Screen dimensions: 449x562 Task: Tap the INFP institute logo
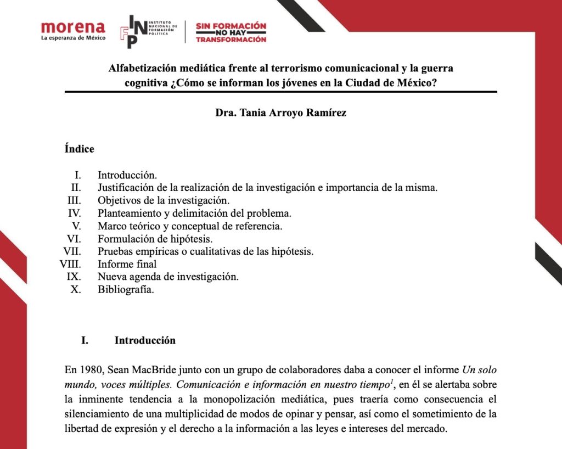coord(148,32)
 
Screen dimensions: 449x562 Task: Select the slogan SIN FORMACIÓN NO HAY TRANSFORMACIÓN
coord(231,32)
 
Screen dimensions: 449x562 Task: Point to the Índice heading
coord(79,149)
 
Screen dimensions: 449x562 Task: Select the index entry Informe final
coord(127,264)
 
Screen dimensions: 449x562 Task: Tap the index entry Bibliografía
coord(126,289)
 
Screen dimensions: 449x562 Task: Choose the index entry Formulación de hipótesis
coord(155,239)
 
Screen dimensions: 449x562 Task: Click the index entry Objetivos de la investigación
coord(164,200)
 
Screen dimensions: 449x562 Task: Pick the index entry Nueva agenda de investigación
coord(168,277)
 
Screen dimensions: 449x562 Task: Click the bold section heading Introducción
coord(145,340)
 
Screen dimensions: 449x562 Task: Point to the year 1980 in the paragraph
coord(91,369)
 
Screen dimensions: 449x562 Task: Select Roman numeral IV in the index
coord(74,213)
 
